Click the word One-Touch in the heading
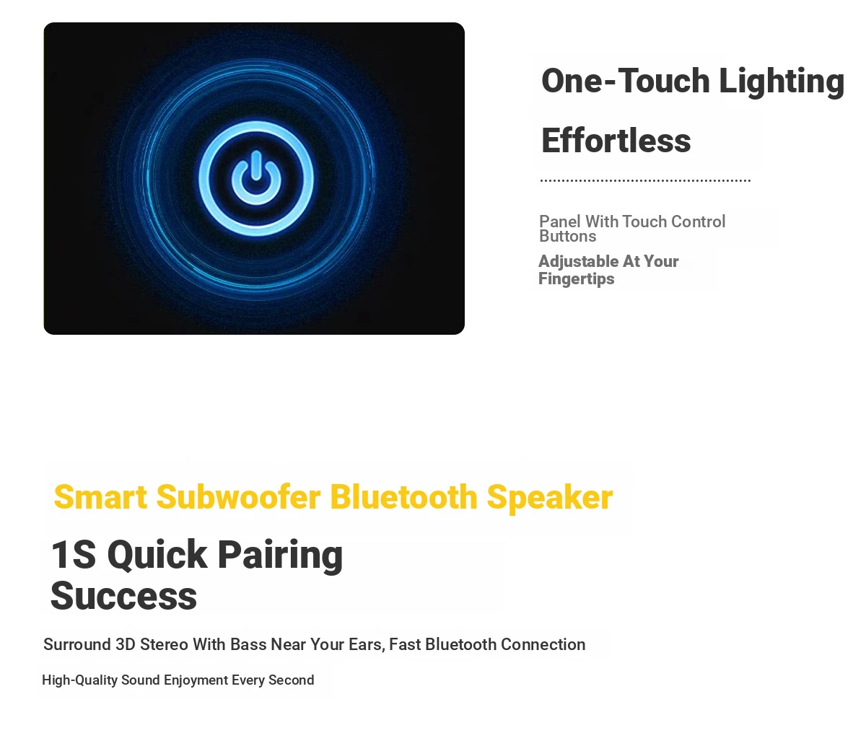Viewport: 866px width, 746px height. click(626, 80)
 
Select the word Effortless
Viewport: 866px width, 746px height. click(616, 140)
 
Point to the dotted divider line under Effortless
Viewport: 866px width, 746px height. click(645, 180)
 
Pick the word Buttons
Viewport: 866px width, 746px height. click(568, 236)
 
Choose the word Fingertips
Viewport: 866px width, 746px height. click(577, 279)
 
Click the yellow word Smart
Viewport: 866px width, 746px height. click(100, 497)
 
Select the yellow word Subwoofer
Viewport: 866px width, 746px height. click(238, 497)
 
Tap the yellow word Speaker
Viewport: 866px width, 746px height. click(550, 499)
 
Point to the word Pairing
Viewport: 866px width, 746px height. click(280, 556)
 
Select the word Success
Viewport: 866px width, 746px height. click(123, 596)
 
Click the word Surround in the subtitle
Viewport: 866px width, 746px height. click(77, 644)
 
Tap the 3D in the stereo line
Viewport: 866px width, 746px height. click(126, 644)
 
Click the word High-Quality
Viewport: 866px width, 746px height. click(79, 680)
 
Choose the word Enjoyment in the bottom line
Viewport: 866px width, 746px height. click(196, 680)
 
